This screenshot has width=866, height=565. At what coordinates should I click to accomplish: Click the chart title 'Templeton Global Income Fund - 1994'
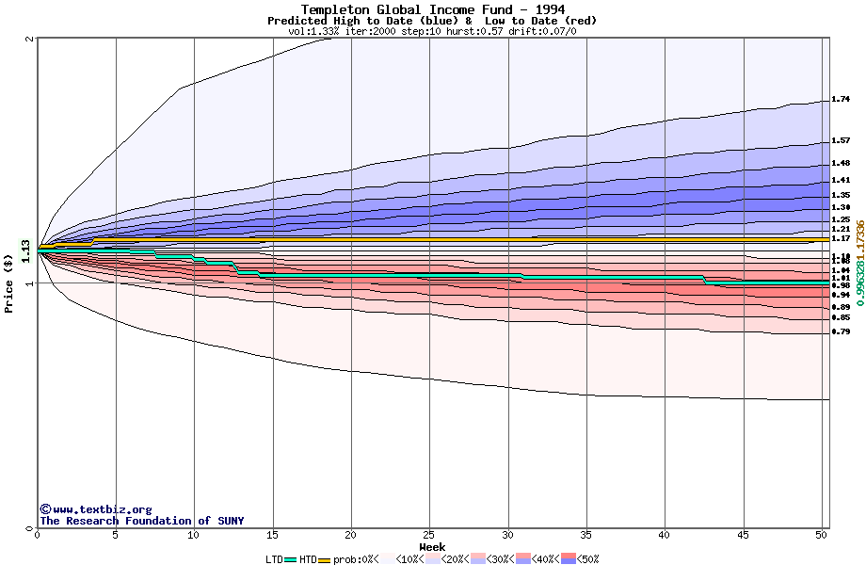coord(432,9)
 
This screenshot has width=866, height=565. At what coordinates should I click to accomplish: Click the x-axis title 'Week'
coord(432,546)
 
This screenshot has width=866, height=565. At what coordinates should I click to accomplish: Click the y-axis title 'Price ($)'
coord(8,283)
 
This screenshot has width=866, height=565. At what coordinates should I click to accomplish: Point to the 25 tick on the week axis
coord(429,534)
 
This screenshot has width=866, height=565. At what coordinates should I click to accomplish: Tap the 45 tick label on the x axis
coord(743,534)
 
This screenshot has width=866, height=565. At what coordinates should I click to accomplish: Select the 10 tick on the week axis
coord(194,534)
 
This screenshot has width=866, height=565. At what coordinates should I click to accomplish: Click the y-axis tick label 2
coord(31,39)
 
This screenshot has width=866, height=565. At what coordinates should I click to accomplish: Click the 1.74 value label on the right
coord(841,99)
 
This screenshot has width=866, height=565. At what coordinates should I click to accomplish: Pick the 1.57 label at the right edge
coord(841,141)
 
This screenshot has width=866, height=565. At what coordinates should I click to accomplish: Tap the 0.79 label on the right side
coord(841,331)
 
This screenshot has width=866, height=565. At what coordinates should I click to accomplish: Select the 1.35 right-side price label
coord(841,195)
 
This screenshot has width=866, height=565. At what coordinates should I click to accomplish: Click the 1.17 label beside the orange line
coord(841,238)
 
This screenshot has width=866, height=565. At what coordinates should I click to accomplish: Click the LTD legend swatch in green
coord(291,559)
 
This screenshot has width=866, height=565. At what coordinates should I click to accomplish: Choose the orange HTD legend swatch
coord(325,559)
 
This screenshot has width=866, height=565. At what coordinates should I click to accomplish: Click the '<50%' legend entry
coord(588,559)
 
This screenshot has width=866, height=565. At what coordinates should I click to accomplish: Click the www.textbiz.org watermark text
coord(95,509)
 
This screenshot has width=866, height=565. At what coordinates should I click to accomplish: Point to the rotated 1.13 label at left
coord(25,250)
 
